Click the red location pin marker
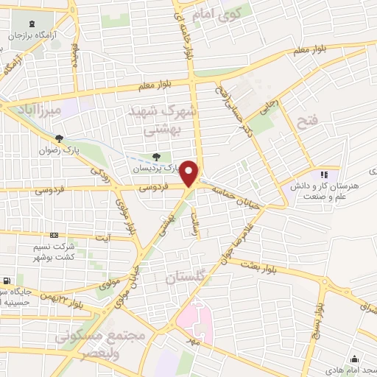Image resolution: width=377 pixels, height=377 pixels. (190, 174)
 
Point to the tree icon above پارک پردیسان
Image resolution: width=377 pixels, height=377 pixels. (156, 156)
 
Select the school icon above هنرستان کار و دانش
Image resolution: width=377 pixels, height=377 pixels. (323, 175)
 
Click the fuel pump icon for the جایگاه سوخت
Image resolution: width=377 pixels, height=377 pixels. (7, 281)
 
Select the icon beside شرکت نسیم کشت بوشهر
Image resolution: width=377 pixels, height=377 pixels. (52, 236)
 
